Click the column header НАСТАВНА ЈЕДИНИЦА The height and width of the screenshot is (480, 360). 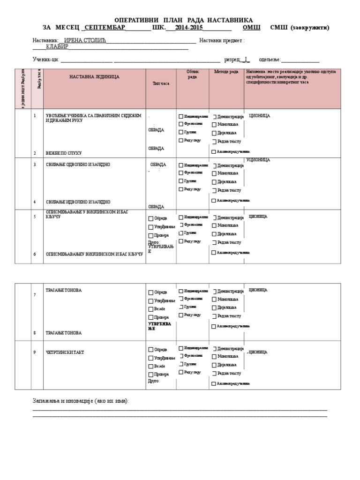click(x=94, y=76)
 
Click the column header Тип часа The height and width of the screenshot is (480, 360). click(x=161, y=83)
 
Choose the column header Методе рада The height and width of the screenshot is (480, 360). click(x=226, y=71)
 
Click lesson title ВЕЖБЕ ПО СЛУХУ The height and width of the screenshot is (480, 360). click(x=64, y=153)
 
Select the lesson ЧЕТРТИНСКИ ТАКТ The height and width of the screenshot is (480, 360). click(x=65, y=352)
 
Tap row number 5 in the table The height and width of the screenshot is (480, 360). click(x=35, y=217)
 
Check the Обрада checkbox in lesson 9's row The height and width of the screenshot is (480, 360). click(x=151, y=350)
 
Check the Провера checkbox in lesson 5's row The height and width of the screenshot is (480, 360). click(x=151, y=236)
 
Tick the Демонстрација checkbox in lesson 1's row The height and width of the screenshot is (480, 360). click(x=215, y=116)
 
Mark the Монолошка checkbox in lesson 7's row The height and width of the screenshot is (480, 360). click(x=214, y=300)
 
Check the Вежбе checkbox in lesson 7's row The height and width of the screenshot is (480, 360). click(x=151, y=309)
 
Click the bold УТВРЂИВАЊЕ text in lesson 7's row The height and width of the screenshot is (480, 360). click(x=159, y=326)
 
